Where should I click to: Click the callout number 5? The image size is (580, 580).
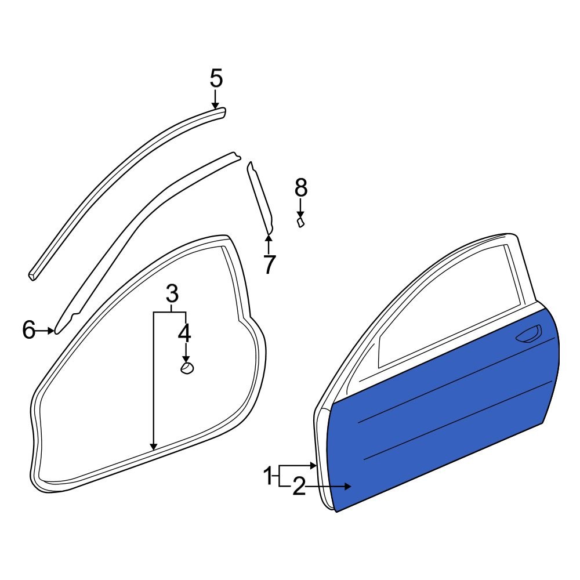coord(216,78)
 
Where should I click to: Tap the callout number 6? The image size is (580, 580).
coord(29,330)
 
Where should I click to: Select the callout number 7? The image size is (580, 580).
coord(268,264)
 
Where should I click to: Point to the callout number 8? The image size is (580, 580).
coord(300,187)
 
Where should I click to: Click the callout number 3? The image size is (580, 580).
coord(171,294)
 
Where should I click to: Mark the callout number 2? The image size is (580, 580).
coord(298,487)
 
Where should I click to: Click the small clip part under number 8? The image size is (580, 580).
coord(300,223)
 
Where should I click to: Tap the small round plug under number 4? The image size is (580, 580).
coord(187,368)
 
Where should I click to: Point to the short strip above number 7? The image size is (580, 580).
coord(260,197)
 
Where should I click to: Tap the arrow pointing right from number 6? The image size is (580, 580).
coord(46,331)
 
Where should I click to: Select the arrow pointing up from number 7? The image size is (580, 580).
coord(268,241)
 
